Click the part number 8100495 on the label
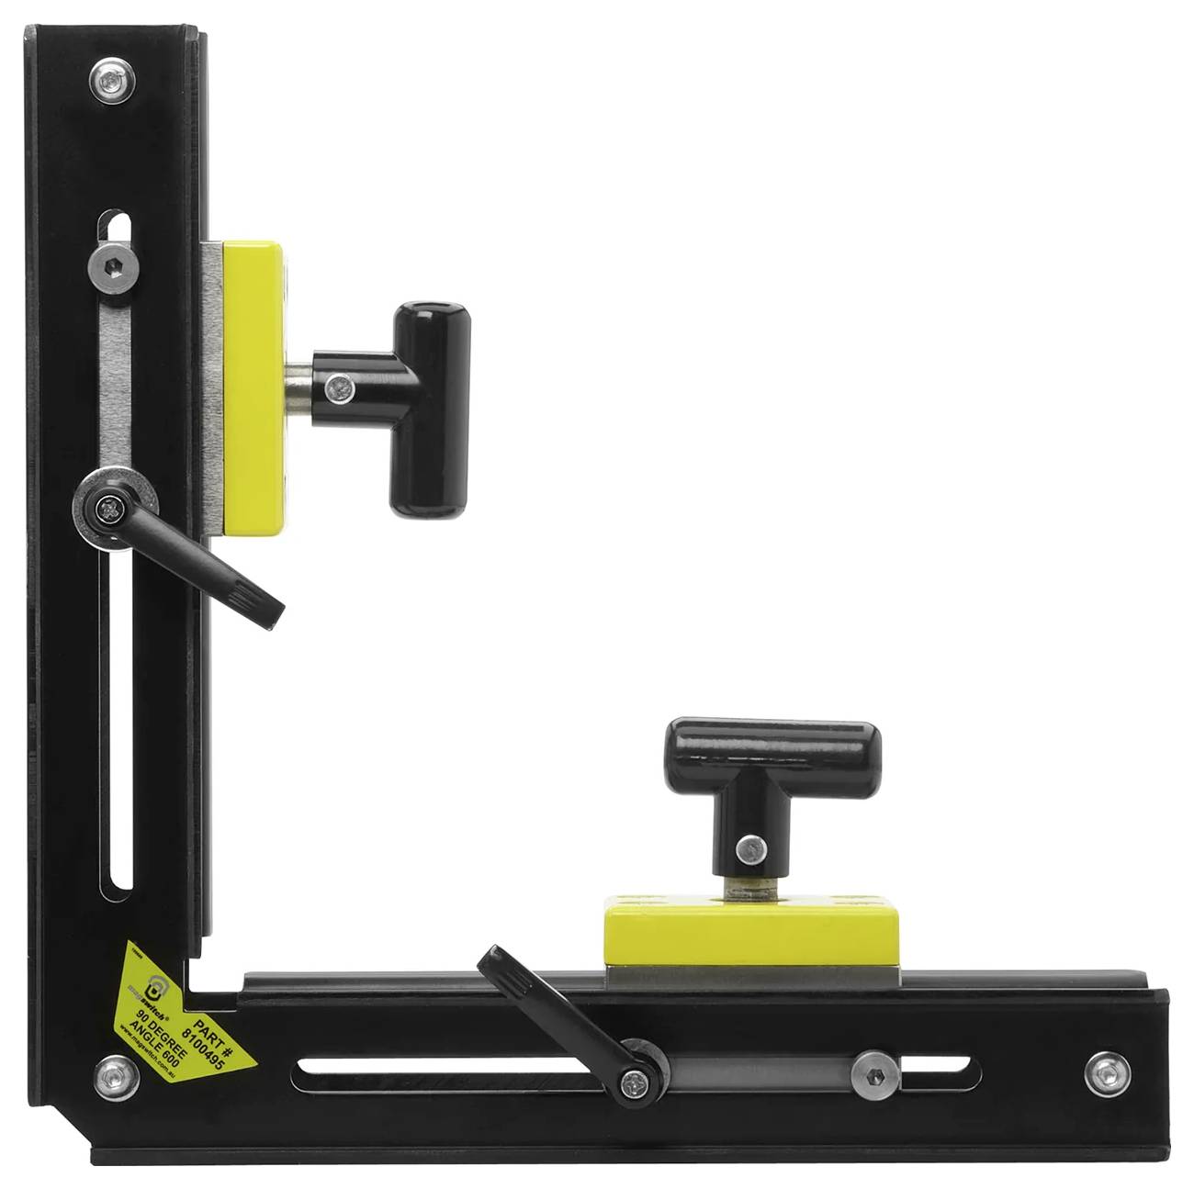point(197,1043)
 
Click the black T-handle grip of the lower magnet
point(772,749)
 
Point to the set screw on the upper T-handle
point(342,387)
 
